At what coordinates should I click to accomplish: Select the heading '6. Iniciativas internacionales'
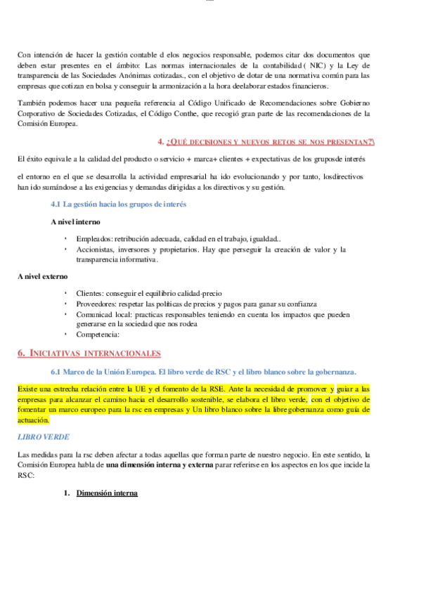pyautogui.click(x=89, y=353)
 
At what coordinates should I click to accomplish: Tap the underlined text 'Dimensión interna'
pyautogui.click(x=107, y=493)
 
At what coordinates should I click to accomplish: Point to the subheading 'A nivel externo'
pyautogui.click(x=43, y=277)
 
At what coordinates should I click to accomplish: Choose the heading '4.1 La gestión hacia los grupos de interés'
pyautogui.click(x=118, y=205)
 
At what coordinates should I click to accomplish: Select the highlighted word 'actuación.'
pyautogui.click(x=33, y=420)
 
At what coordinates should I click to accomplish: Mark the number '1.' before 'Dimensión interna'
pyautogui.click(x=67, y=493)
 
